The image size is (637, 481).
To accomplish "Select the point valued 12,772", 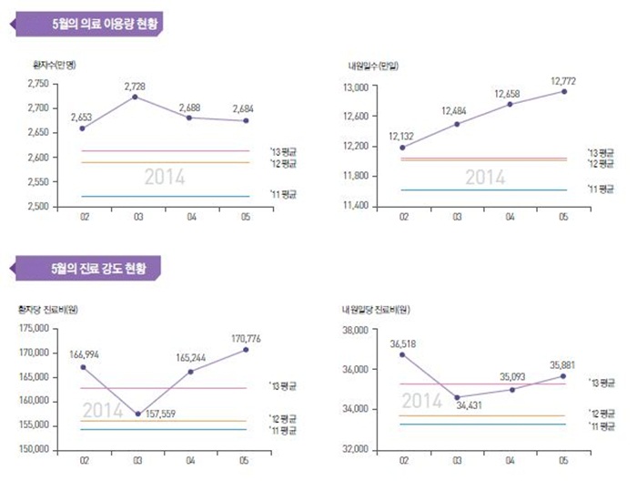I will (x=564, y=91).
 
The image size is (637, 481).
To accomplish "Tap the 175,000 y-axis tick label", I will (x=35, y=328).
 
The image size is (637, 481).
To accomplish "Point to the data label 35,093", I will (x=511, y=374).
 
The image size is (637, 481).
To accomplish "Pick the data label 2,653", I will (x=83, y=118).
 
